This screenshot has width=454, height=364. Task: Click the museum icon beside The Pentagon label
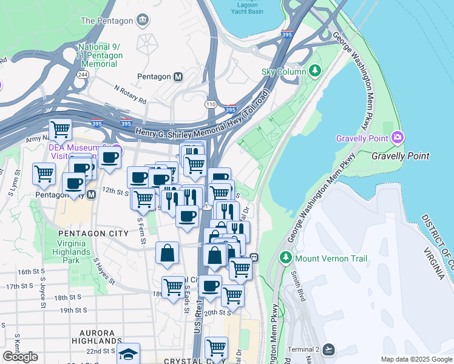(x=143, y=20)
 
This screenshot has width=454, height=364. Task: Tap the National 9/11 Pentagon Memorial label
(x=100, y=56)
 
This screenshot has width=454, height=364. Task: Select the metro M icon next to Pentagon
(x=178, y=77)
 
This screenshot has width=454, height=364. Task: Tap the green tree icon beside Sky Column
(x=314, y=72)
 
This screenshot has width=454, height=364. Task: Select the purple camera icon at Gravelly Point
(x=398, y=138)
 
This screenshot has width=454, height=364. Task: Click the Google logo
(x=20, y=357)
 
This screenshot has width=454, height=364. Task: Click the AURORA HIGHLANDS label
(x=97, y=337)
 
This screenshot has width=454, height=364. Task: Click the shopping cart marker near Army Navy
(x=60, y=129)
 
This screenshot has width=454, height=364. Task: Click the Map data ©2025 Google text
(x=416, y=359)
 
